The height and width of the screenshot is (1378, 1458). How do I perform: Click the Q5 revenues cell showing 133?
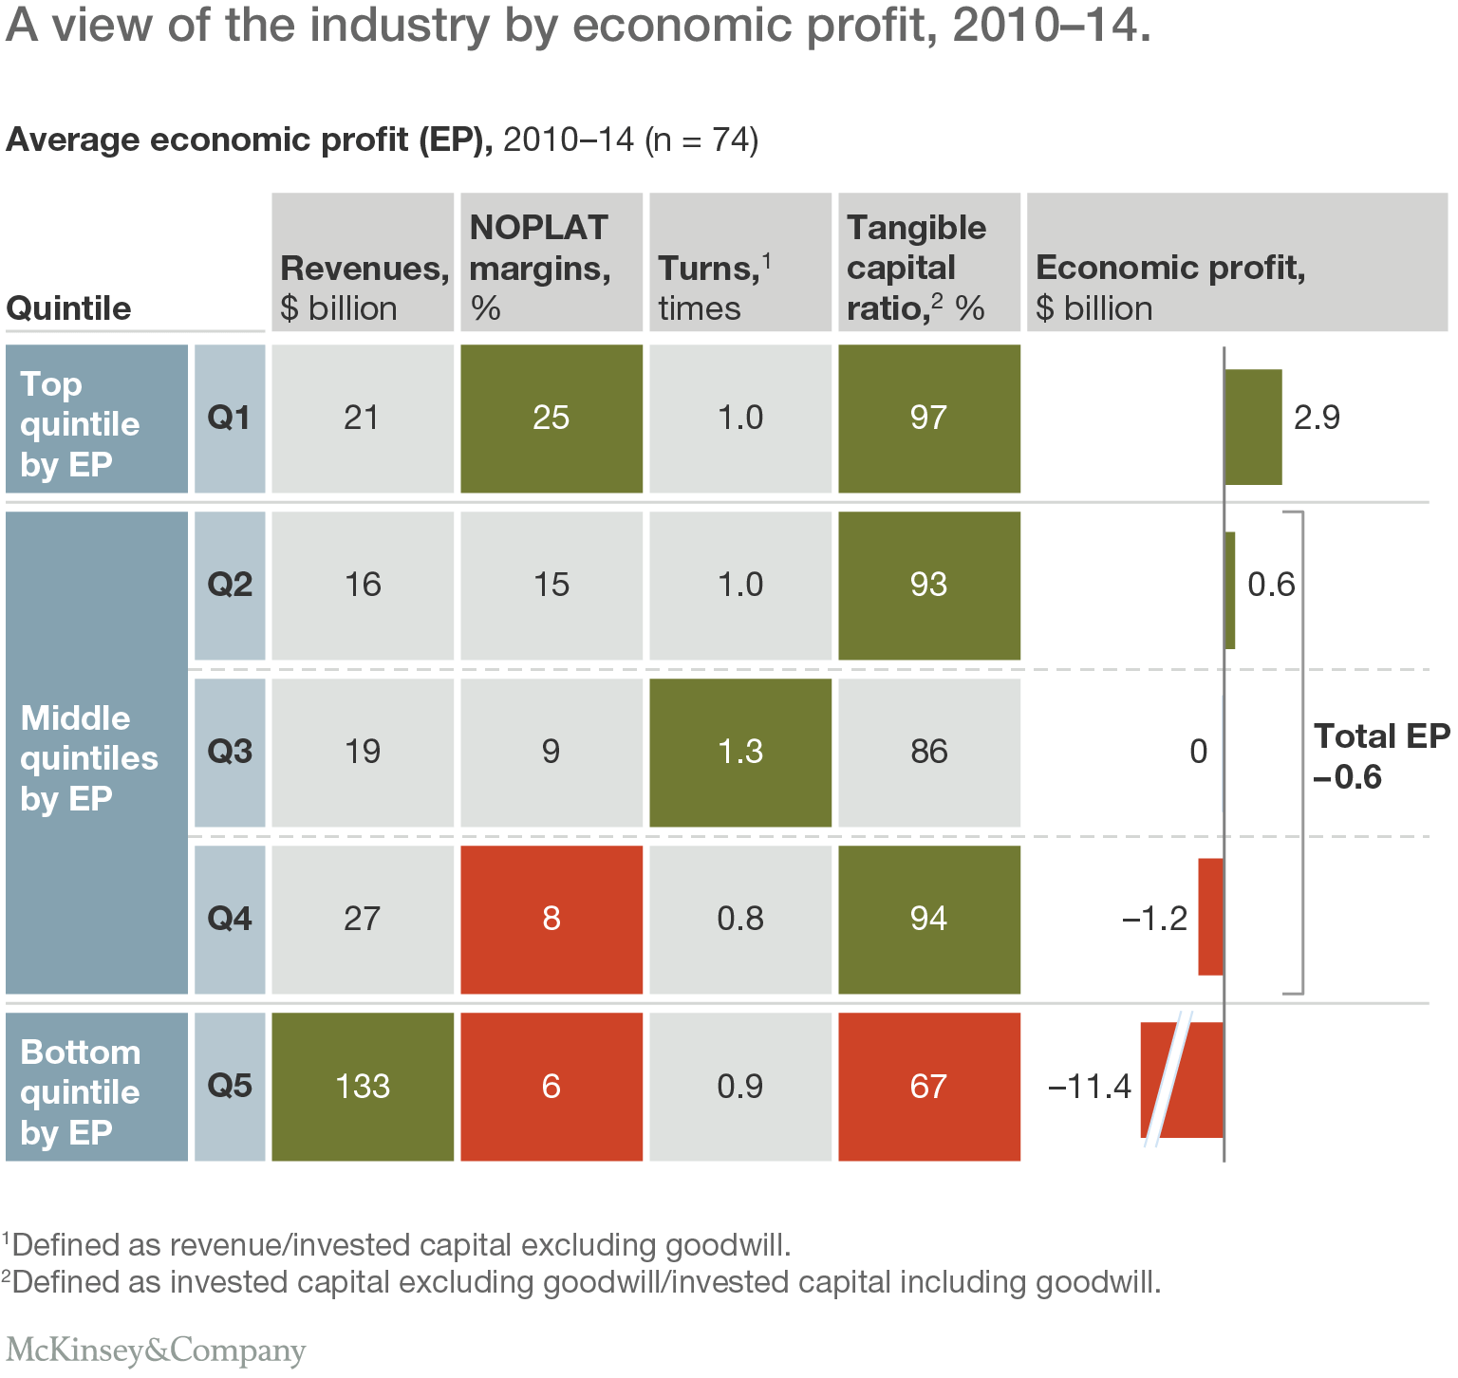363,1087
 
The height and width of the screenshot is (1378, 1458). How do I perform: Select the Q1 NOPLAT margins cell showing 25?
551,419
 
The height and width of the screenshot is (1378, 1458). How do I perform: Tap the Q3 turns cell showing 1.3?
740,753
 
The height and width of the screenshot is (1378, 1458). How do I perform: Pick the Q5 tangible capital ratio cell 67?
929,1087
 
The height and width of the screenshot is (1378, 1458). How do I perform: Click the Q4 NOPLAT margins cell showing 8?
551,920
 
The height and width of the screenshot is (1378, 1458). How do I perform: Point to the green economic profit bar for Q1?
1253,427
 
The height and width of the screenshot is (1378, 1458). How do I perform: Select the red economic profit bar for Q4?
1210,917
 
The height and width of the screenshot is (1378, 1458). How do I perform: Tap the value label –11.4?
1089,1086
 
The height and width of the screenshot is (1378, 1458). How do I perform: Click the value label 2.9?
1317,418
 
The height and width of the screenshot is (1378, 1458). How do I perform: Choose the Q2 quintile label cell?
230,585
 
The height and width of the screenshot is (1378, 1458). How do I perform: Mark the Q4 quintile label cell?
230,919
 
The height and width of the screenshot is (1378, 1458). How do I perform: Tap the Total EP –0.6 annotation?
1380,756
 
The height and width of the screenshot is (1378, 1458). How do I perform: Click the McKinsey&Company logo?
156,1350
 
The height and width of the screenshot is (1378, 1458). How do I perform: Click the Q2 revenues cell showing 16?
363,586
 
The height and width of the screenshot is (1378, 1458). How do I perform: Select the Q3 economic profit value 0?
1198,752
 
